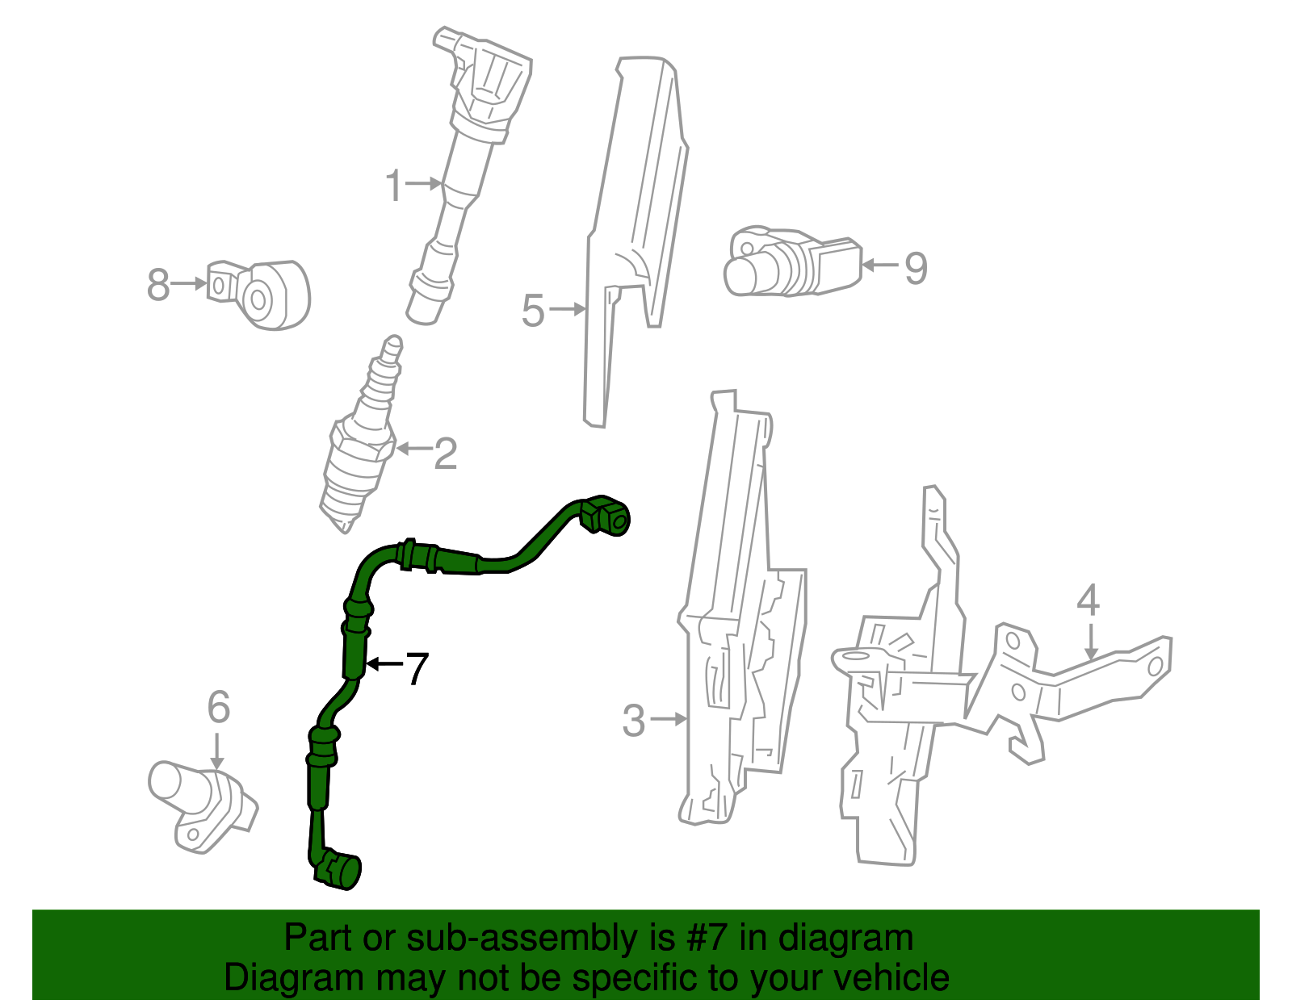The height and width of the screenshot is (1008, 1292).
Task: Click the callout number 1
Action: click(393, 186)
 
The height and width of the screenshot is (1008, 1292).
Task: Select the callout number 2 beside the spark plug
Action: click(445, 454)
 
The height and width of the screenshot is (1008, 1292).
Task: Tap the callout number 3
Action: click(634, 721)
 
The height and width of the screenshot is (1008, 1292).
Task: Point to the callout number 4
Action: click(1088, 601)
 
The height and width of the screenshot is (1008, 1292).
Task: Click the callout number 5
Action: click(533, 311)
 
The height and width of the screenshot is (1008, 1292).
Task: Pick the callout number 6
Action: click(219, 708)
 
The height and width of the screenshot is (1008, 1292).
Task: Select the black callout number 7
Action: click(416, 668)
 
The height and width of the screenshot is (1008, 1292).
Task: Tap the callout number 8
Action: click(158, 285)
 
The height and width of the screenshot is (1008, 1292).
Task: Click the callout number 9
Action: click(915, 268)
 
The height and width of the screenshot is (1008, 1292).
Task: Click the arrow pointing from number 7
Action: click(384, 664)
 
